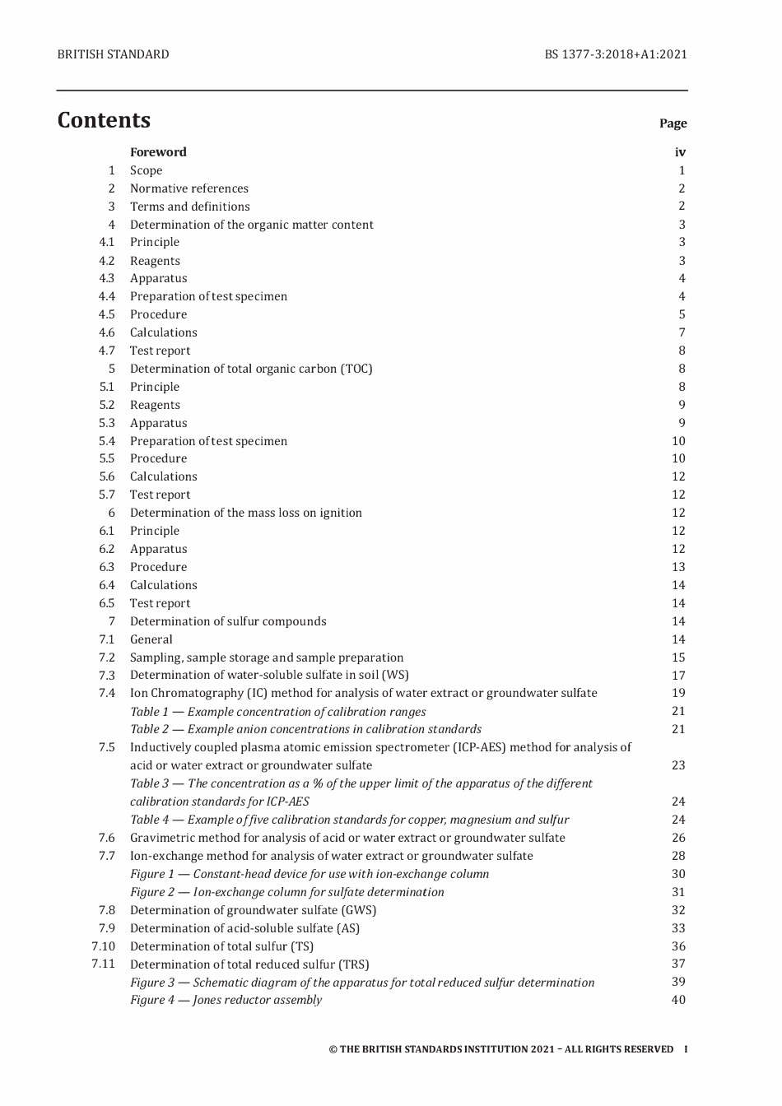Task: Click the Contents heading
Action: [x=104, y=120]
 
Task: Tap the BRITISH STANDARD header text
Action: [x=113, y=54]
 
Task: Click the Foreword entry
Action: [x=158, y=152]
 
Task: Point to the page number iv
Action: [x=680, y=152]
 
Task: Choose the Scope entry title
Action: [x=146, y=170]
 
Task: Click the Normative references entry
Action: [x=189, y=188]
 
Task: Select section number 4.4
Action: [x=107, y=296]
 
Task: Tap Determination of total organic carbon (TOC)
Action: [x=251, y=369]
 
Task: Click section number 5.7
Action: [x=107, y=495]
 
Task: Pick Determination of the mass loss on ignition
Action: [x=245, y=513]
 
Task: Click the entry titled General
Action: [x=151, y=639]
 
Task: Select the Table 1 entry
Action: [x=277, y=712]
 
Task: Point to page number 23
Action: [x=678, y=765]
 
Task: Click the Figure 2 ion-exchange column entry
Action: [x=286, y=892]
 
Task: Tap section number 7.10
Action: [x=104, y=946]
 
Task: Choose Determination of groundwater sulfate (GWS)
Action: [x=253, y=910]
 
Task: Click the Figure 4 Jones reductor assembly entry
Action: [x=226, y=1001]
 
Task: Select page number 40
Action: [x=678, y=1001]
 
